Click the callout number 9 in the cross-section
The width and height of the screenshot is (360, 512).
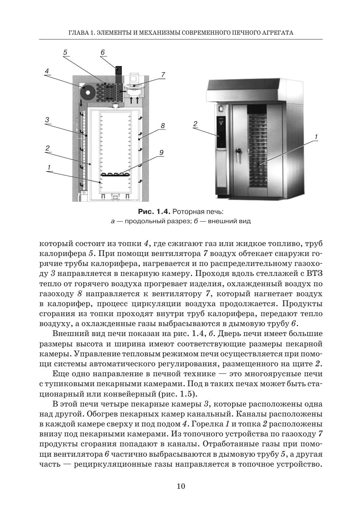(161, 152)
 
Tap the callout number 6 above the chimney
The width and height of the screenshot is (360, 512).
(103, 52)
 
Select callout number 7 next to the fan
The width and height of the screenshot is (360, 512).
(163, 75)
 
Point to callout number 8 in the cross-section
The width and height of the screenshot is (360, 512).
(162, 126)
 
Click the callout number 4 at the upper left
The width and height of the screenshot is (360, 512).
(47, 71)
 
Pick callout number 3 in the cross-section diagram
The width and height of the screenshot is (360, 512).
(47, 120)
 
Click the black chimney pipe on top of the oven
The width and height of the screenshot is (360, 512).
(119, 74)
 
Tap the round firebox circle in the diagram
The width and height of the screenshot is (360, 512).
(88, 92)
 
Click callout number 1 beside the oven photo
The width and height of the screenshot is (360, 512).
(316, 137)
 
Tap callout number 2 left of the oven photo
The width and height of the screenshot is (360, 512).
(195, 124)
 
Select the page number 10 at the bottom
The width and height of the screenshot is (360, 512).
(181, 486)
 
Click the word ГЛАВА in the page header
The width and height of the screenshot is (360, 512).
(77, 33)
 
